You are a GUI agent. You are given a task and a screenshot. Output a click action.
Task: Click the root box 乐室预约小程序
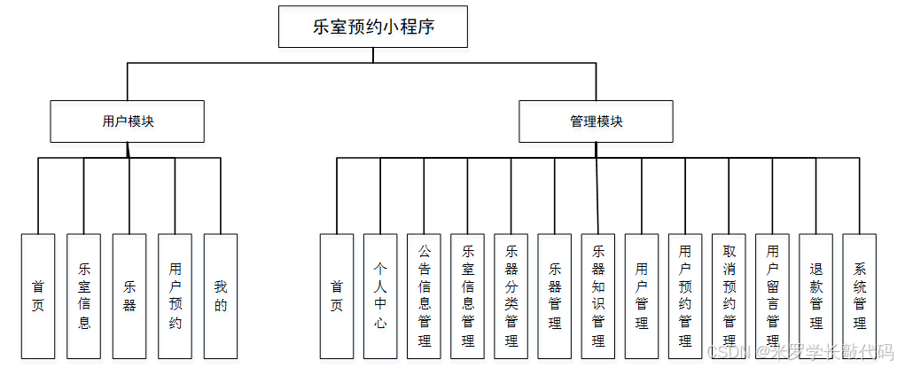tap(372, 27)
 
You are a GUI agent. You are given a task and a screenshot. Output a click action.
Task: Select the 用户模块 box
tap(127, 121)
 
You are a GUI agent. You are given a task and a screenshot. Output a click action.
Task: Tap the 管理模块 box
tap(596, 121)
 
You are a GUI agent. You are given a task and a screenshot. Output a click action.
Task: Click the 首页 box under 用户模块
tap(38, 296)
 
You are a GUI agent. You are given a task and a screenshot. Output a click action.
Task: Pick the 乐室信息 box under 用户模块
tap(84, 296)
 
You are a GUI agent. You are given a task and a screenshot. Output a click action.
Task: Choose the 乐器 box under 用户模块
tap(129, 296)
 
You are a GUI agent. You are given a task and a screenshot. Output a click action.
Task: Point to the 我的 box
tap(221, 296)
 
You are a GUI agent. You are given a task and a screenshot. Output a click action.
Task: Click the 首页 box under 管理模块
tap(337, 296)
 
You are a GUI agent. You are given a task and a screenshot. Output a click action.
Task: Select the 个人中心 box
tap(380, 296)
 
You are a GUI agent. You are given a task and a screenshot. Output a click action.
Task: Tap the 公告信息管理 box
tap(424, 296)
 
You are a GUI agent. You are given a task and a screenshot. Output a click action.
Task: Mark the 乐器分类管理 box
tap(511, 296)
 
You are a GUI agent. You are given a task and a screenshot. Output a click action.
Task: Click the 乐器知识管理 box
tap(597, 296)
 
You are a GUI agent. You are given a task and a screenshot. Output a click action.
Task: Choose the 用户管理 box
tap(641, 296)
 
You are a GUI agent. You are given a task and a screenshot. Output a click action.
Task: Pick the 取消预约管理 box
tap(729, 296)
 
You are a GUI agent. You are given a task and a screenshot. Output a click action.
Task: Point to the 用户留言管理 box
tap(772, 296)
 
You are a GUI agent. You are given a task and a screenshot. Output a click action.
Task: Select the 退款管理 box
tap(815, 296)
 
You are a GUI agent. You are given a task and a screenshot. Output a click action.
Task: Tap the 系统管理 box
tap(859, 296)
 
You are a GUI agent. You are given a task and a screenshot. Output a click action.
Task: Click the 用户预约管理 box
tap(685, 296)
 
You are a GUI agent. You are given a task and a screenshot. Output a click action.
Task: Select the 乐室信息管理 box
tap(467, 296)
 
